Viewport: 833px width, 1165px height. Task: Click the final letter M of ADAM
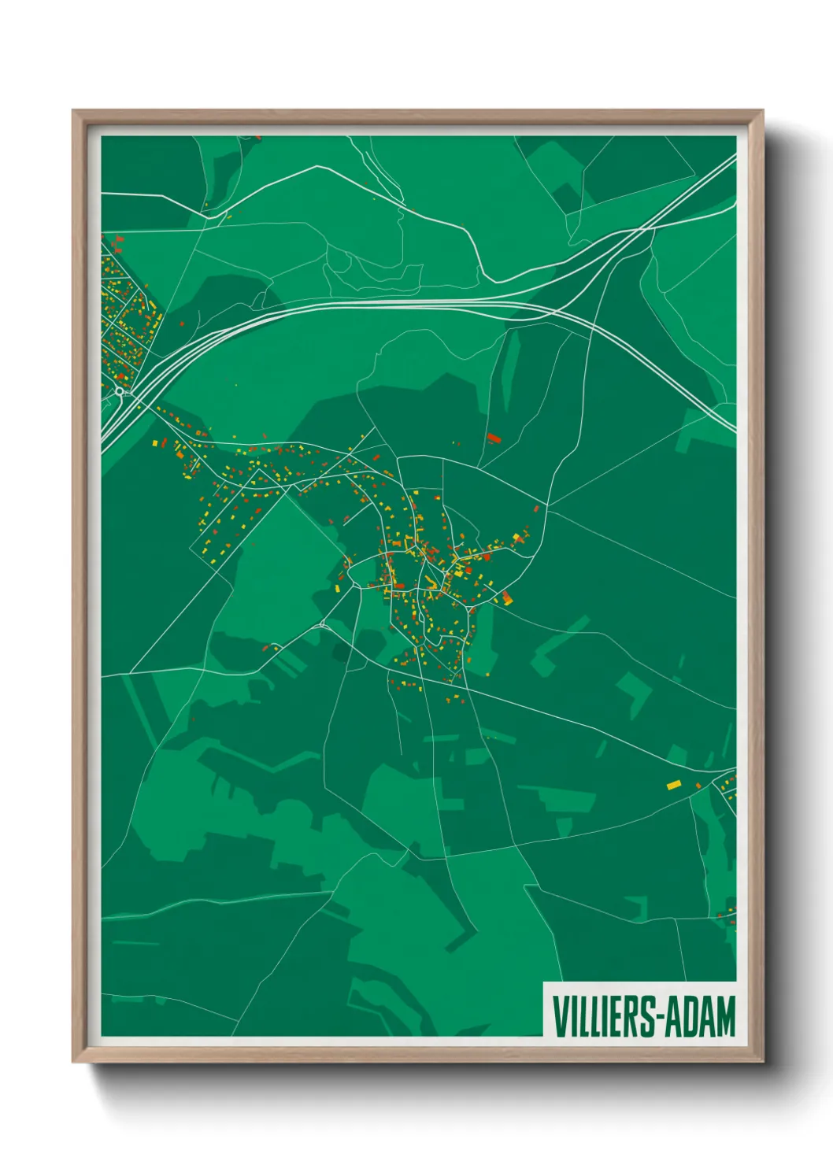(726, 1017)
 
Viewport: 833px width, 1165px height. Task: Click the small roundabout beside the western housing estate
(119, 390)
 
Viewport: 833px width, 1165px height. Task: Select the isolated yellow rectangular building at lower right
(673, 785)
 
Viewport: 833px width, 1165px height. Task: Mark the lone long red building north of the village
(494, 438)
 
